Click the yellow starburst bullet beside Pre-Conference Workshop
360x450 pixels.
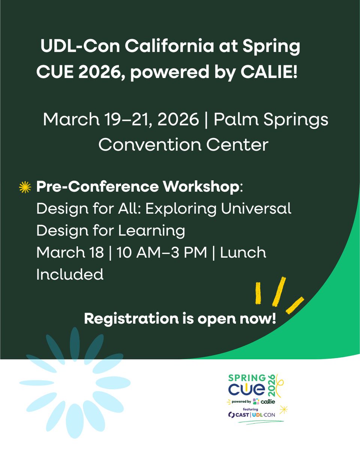(x=25, y=187)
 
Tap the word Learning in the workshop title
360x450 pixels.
(x=152, y=230)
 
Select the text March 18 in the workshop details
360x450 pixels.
(x=70, y=252)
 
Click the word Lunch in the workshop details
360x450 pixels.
(x=243, y=252)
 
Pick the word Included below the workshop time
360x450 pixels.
(x=70, y=274)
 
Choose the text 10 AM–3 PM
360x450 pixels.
(x=162, y=252)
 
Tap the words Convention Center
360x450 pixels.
(x=183, y=144)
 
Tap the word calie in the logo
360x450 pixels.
(x=268, y=402)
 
